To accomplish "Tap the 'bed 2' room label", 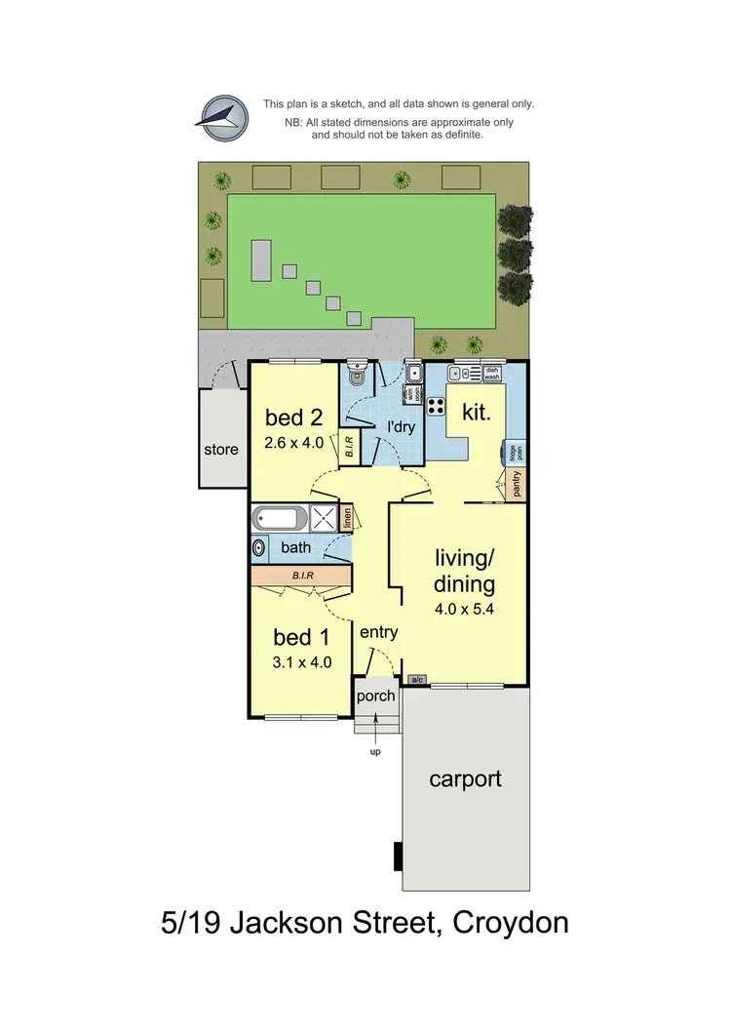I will pyautogui.click(x=293, y=418).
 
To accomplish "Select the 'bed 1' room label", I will pyautogui.click(x=300, y=638).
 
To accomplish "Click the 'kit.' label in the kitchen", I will pyautogui.click(x=477, y=414).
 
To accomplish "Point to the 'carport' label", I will pyautogui.click(x=466, y=778).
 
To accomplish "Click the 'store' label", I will pyautogui.click(x=221, y=450).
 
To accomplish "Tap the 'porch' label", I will pyautogui.click(x=376, y=696).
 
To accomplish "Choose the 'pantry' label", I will pyautogui.click(x=516, y=484).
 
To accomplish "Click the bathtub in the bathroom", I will pyautogui.click(x=280, y=518).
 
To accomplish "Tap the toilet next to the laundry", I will pyautogui.click(x=356, y=376).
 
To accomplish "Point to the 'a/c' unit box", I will pyautogui.click(x=417, y=679).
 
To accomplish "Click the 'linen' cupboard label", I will pyautogui.click(x=346, y=519).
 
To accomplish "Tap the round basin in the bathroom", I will pyautogui.click(x=258, y=548).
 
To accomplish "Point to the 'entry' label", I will pyautogui.click(x=378, y=632).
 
